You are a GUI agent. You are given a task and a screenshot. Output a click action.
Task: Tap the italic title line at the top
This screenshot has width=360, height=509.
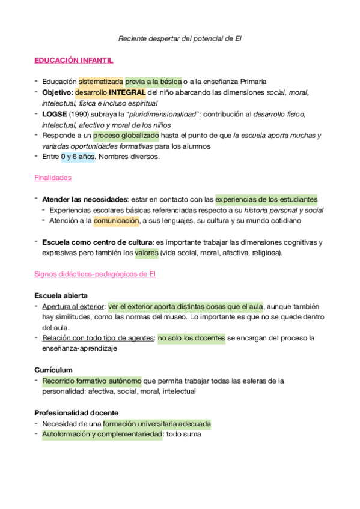180,39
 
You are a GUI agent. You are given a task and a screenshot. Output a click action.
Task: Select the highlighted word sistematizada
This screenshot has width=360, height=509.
101,81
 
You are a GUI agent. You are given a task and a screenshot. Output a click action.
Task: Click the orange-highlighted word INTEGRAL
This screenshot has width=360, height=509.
127,92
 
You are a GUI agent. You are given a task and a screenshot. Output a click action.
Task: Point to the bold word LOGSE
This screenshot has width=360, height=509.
53,114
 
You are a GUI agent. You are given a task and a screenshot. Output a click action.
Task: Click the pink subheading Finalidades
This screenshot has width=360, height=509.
52,178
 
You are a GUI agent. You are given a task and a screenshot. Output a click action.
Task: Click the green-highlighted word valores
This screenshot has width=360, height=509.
147,253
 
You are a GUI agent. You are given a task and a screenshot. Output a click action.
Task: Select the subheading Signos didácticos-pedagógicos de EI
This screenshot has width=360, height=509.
96,274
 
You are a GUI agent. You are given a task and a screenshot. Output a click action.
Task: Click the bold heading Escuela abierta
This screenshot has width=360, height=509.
61,295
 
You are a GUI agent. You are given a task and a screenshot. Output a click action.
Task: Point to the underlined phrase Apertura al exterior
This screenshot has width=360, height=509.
73,306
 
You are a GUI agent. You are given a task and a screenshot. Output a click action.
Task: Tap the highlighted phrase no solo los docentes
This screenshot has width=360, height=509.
192,338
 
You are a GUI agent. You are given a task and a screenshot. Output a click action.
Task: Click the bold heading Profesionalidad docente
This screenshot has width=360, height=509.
76,413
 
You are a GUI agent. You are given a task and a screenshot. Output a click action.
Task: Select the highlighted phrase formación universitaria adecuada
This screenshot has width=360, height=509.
157,424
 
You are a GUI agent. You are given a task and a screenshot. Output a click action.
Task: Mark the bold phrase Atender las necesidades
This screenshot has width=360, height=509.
84,199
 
